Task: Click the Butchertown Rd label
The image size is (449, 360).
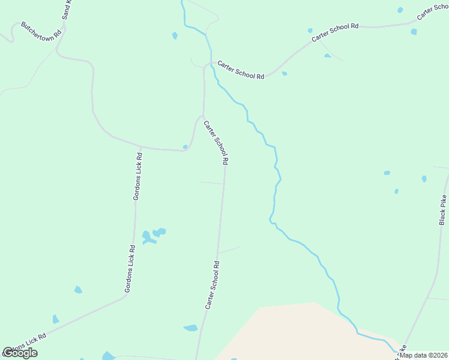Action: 41,32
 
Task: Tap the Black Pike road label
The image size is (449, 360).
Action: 443,209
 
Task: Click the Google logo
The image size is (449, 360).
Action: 20,353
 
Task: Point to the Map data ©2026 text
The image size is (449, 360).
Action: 423,355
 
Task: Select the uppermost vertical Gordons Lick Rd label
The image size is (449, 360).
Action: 137,176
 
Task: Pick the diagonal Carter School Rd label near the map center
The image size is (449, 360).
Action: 216,143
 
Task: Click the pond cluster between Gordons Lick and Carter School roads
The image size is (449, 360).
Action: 152,235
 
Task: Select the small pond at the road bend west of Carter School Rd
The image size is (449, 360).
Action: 185,146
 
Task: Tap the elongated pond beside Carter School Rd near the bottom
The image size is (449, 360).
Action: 191,328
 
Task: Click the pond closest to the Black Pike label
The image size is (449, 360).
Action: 424,179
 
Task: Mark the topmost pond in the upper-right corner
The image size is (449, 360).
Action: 400,10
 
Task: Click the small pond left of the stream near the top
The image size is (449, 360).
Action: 175,36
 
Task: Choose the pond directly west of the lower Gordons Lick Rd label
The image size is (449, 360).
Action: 78,290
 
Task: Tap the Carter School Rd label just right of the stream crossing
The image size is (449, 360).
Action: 241,70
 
